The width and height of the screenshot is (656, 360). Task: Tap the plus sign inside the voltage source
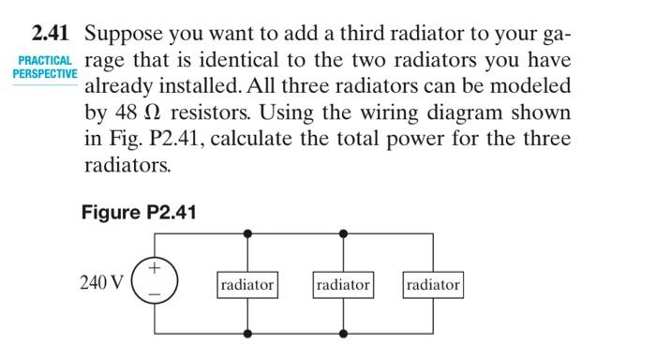(156, 269)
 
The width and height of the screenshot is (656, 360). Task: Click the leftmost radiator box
(247, 284)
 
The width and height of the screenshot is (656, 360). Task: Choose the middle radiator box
(343, 284)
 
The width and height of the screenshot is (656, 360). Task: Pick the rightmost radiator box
(433, 284)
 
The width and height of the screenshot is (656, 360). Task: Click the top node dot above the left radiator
(247, 232)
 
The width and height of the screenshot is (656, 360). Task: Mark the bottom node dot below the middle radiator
(343, 334)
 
